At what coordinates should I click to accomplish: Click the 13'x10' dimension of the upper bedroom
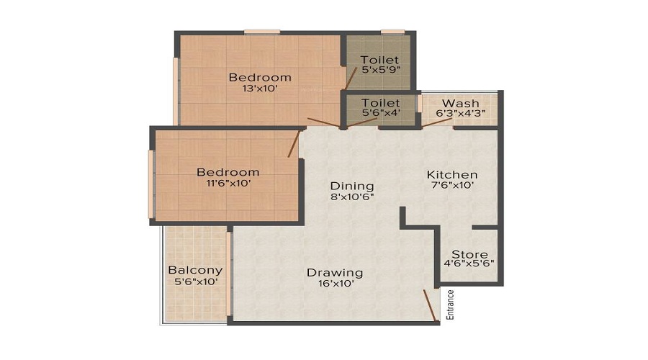(260, 89)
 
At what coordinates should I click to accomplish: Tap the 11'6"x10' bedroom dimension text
(228, 184)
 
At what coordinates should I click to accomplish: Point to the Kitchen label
(452, 174)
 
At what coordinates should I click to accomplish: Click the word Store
(469, 254)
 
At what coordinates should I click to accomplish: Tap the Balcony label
(195, 270)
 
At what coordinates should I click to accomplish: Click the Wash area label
(461, 103)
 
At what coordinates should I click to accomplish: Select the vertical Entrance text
(451, 304)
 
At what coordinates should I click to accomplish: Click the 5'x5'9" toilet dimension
(381, 70)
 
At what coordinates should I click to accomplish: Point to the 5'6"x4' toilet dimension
(381, 114)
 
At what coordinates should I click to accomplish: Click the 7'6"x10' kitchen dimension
(452, 186)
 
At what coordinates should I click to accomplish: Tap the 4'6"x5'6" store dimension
(469, 265)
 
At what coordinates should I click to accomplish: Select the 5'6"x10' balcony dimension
(195, 282)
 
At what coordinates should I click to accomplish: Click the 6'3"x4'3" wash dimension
(461, 114)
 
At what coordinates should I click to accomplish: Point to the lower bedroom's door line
(293, 143)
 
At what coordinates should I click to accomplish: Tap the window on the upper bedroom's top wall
(261, 32)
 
